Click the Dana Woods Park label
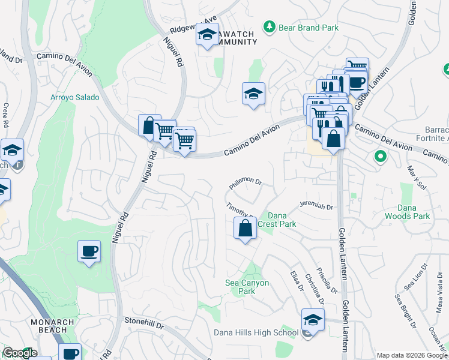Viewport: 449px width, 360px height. [415, 212]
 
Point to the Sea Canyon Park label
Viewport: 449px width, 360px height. [247, 287]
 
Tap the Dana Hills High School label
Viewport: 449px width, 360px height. [256, 333]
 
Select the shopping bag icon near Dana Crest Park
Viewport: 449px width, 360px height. [245, 228]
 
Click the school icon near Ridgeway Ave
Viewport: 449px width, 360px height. [207, 36]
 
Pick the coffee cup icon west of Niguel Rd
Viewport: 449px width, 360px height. [89, 251]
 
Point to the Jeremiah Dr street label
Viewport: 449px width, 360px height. [316, 206]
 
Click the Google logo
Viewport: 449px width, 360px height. [20, 353]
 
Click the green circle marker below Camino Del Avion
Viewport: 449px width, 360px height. [379, 157]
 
